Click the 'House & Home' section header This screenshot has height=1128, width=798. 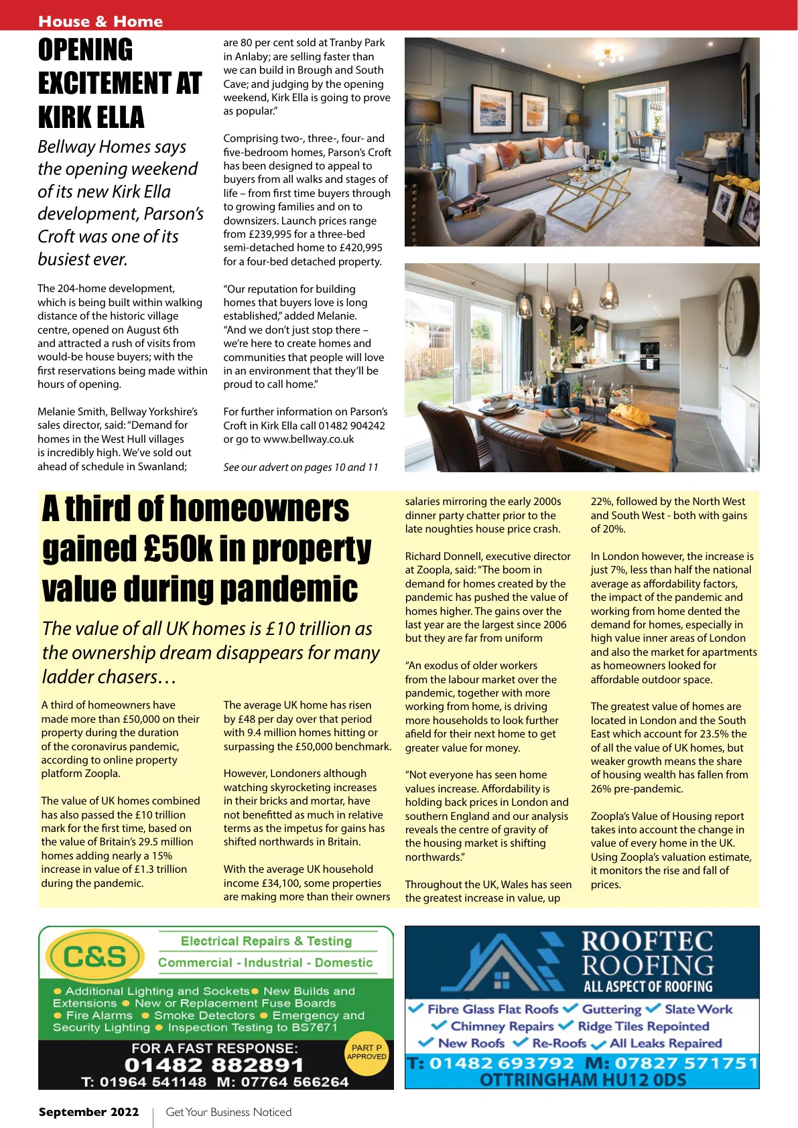click(101, 21)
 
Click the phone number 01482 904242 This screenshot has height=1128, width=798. click(352, 425)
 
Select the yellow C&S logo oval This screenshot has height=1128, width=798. click(94, 957)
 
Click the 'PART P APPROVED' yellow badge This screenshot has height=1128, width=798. click(366, 1052)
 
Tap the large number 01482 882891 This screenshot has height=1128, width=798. click(214, 1065)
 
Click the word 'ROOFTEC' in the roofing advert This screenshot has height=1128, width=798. click(647, 942)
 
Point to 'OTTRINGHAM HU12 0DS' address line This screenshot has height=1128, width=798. click(582, 1080)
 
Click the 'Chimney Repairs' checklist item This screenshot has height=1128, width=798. click(502, 1026)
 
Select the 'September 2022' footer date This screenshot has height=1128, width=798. click(88, 1112)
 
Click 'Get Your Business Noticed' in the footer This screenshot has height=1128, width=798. click(228, 1112)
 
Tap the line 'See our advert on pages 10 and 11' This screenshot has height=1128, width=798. click(300, 468)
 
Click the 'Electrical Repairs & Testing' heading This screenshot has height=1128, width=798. click(266, 941)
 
